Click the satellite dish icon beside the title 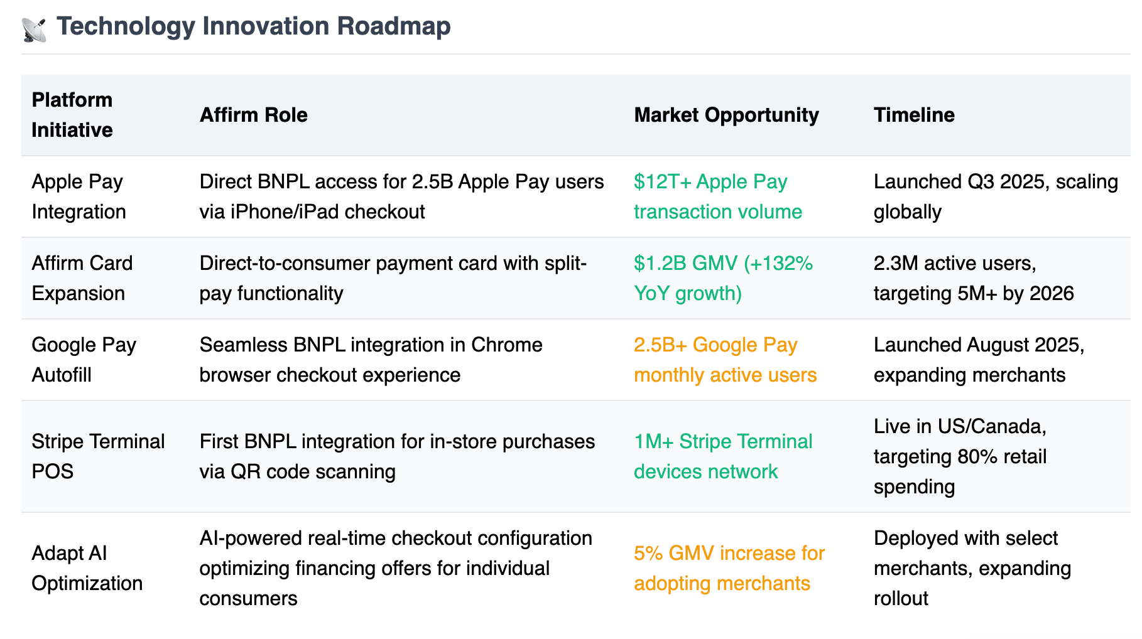coord(34,30)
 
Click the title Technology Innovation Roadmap coord(254,26)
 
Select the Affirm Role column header coord(254,115)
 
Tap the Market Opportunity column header coord(726,115)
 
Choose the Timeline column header coord(914,115)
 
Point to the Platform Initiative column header coord(72,115)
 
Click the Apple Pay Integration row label coord(79,196)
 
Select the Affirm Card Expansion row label coord(82,278)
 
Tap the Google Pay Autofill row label coord(84,360)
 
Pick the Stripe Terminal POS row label coord(98,456)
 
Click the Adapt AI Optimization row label coord(87,568)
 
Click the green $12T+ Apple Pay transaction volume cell coord(718,196)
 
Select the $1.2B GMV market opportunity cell coord(724,278)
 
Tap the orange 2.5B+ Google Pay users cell coord(726,360)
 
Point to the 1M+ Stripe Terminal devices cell coord(723,456)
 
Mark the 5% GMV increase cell coord(729,568)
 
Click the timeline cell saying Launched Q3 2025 coord(996,196)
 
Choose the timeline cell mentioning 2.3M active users coord(974,278)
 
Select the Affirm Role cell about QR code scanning coord(397,456)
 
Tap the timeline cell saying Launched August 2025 coord(979,360)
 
